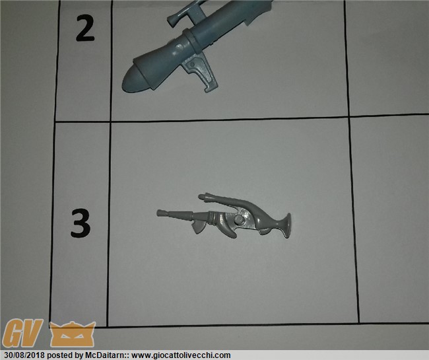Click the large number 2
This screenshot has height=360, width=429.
tap(85, 28)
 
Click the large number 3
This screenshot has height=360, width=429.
tap(80, 223)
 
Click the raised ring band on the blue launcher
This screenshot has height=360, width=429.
tap(191, 41)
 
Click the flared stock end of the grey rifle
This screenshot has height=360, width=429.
tap(286, 225)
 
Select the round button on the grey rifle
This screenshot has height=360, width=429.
tap(239, 219)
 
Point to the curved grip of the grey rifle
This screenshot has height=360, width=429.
tap(226, 228)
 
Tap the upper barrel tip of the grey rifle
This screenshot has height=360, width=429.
tap(202, 197)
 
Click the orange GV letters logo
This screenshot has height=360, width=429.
tap(22, 333)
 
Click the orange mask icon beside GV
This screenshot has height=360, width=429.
tap(73, 334)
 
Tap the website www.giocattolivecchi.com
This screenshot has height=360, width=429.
tap(181, 355)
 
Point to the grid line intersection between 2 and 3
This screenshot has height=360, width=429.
tap(110, 122)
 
